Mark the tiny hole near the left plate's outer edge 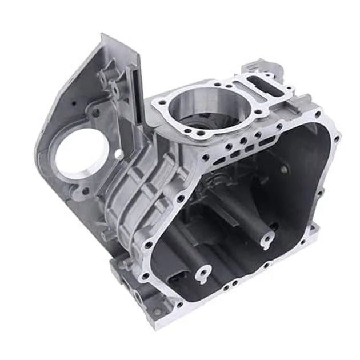coord(73,103)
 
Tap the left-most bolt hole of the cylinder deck coord(155,106)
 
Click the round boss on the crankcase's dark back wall coord(282,169)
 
